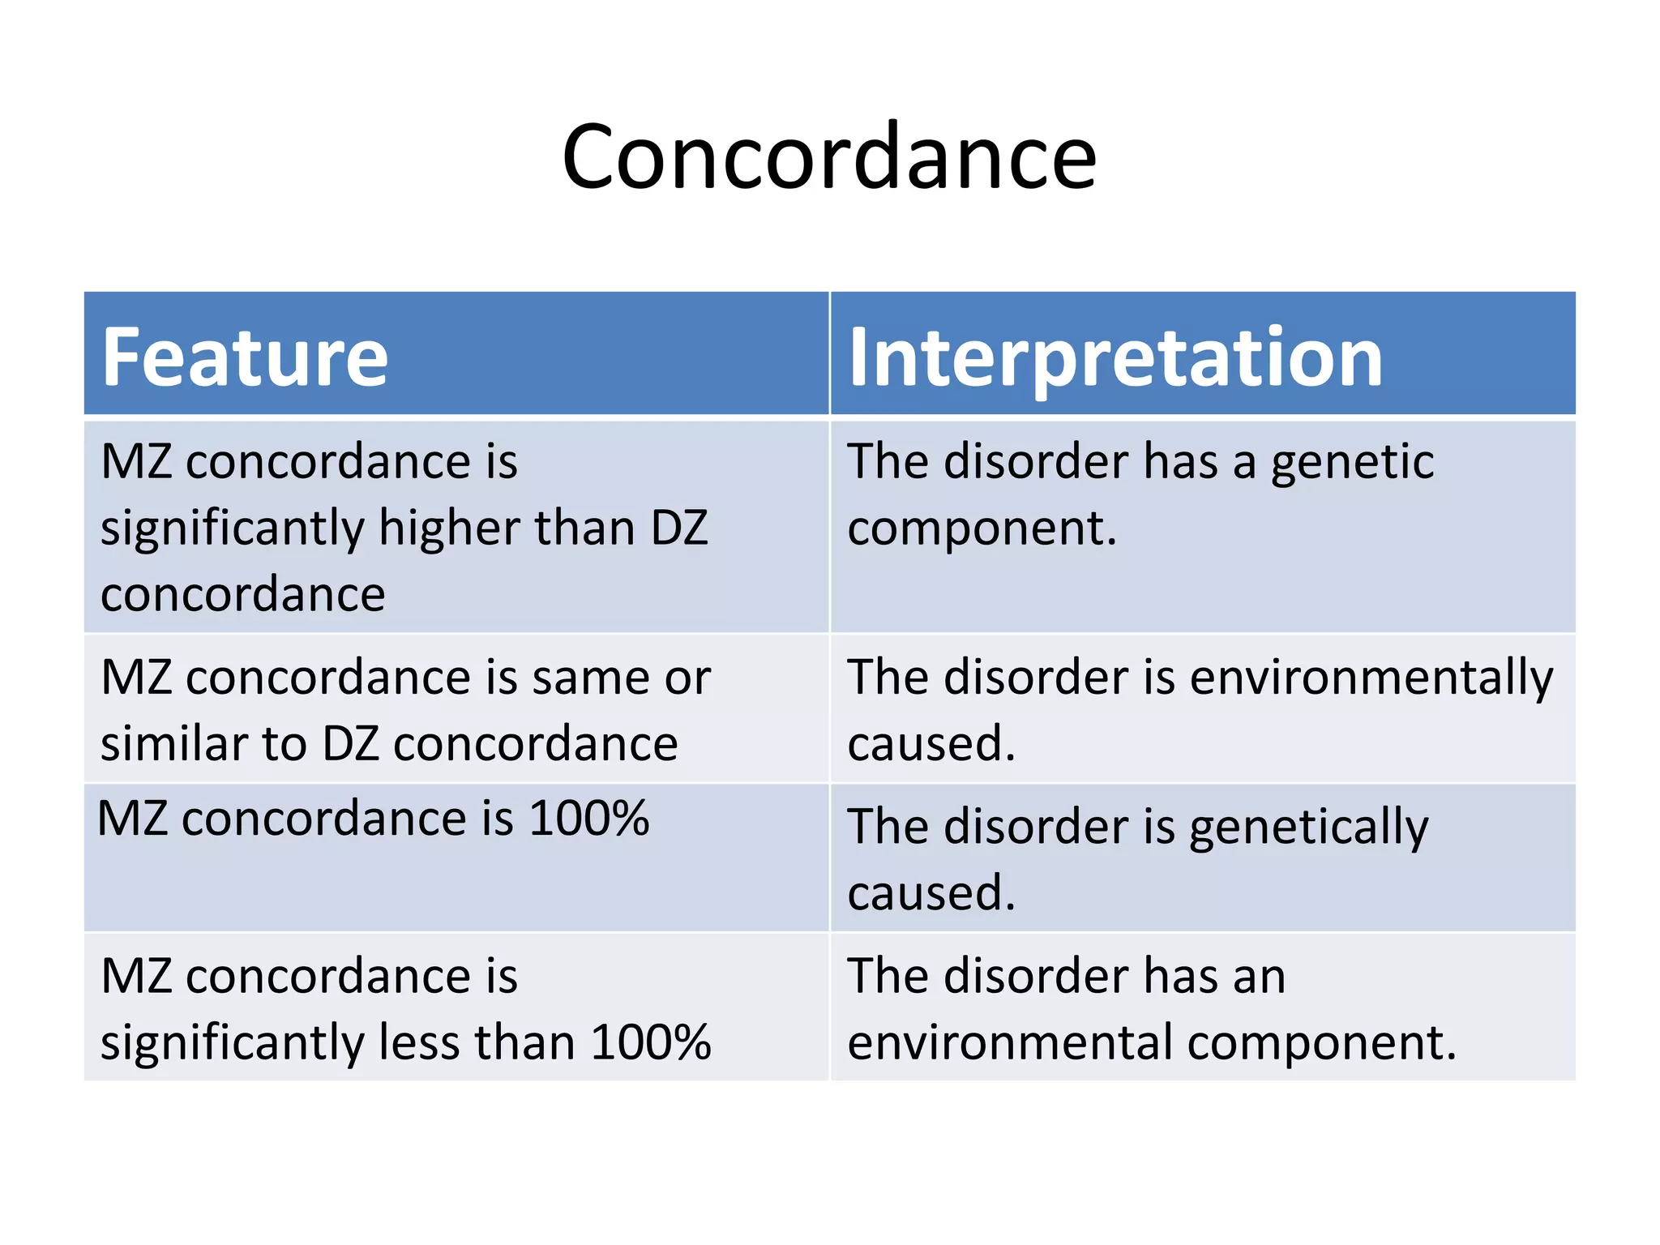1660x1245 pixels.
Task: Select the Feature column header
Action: [x=245, y=357]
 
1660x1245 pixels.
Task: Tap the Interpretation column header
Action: [x=1115, y=357]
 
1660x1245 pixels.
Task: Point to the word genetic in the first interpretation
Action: [x=1352, y=463]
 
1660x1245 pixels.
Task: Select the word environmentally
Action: [x=1371, y=678]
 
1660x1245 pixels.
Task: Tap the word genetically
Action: [x=1308, y=828]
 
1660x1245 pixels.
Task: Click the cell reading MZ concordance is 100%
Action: [x=373, y=819]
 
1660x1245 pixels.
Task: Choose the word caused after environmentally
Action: [x=931, y=744]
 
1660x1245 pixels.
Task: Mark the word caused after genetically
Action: [x=931, y=893]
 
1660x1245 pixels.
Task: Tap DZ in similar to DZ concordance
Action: [x=350, y=743]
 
